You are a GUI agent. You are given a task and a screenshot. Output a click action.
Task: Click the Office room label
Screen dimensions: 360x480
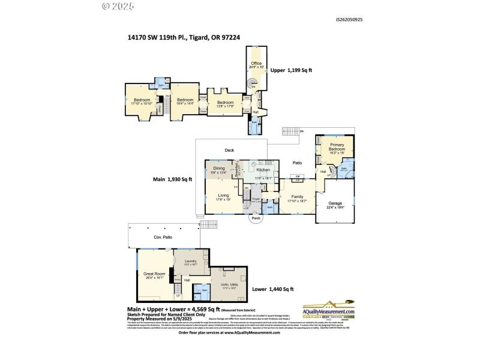coord(256,63)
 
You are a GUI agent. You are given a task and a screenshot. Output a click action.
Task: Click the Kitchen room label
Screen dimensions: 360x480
coord(263,170)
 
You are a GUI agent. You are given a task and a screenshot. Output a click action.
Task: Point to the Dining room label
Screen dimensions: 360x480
coord(219,169)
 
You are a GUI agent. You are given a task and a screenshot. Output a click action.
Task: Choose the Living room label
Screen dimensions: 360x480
coord(223,196)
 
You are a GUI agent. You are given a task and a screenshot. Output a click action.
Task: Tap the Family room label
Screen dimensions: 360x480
coord(296,197)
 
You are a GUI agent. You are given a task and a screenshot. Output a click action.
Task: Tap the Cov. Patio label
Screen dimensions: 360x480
coord(163,238)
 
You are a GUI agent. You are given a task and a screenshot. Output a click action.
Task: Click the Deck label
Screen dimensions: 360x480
coord(229,150)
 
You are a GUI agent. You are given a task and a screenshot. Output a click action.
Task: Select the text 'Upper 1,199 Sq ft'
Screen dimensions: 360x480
coord(291,70)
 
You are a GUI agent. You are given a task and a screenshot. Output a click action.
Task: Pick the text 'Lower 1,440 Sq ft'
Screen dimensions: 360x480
coord(272,289)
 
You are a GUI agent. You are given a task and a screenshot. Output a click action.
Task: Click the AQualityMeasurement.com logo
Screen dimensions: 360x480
coord(328,308)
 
